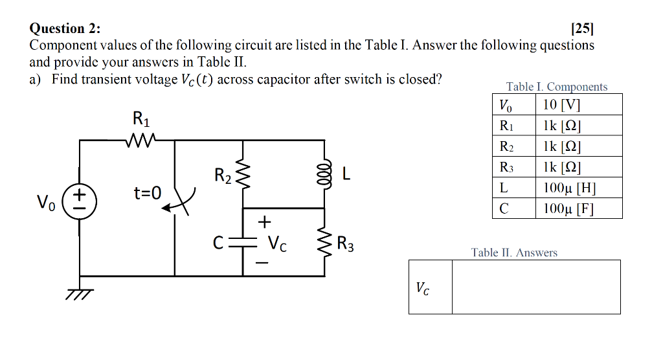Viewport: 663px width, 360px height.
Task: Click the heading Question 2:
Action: tap(65, 28)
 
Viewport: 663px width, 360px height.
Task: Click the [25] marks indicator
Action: tap(582, 28)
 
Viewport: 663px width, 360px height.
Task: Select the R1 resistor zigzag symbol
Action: tap(140, 140)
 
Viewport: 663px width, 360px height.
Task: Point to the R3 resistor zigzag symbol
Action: tap(323, 242)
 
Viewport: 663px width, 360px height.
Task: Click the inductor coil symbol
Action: tap(323, 174)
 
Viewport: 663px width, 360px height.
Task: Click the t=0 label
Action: tap(147, 192)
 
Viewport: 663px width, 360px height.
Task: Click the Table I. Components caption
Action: tap(557, 87)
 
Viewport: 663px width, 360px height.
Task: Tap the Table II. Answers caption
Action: tap(514, 253)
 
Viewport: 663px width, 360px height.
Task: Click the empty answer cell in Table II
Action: tap(535, 287)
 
